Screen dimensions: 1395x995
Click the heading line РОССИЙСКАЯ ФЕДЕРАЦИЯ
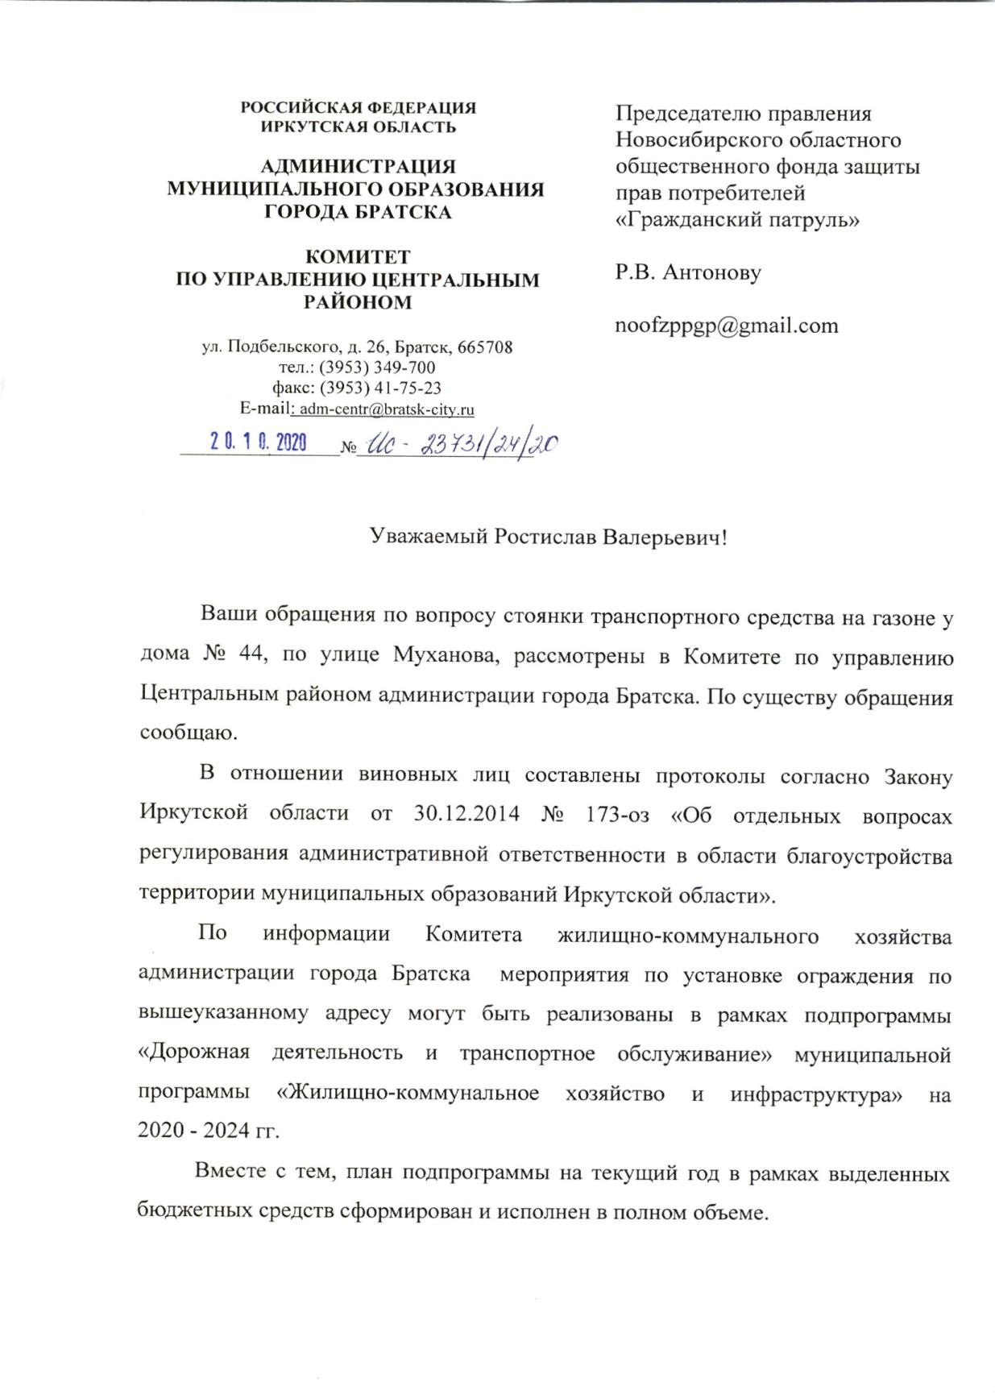(359, 108)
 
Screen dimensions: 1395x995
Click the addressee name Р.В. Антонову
(688, 272)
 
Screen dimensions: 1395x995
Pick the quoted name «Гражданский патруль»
(736, 219)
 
